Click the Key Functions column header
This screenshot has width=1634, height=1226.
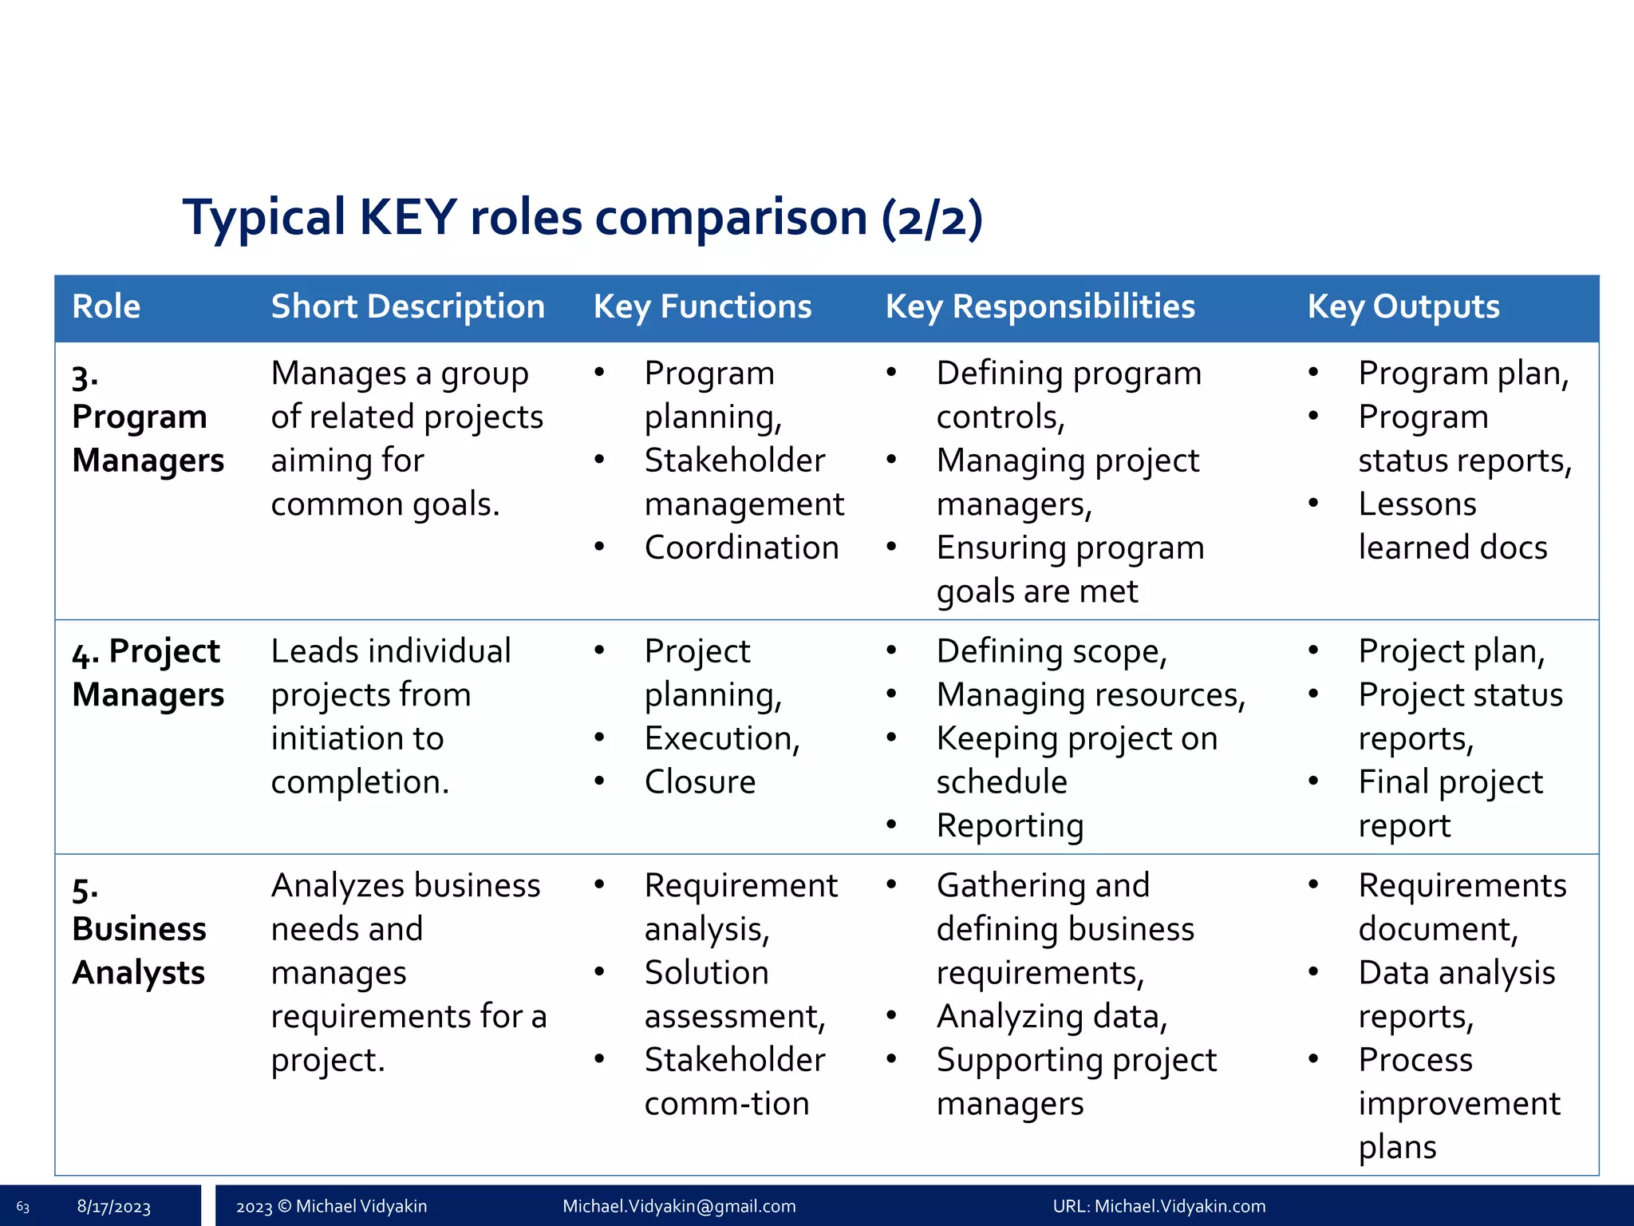click(702, 307)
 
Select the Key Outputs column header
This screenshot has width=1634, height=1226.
click(1403, 307)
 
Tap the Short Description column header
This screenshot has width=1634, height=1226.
click(408, 307)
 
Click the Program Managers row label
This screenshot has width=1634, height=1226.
click(148, 417)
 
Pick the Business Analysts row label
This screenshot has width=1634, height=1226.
click(139, 930)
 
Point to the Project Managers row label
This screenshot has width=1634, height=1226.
click(148, 673)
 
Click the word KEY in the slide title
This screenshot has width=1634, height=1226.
click(408, 217)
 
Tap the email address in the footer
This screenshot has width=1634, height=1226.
click(679, 1206)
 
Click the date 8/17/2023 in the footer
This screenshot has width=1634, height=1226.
click(113, 1207)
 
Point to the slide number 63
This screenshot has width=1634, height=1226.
click(22, 1207)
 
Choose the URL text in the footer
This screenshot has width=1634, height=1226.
click(1158, 1206)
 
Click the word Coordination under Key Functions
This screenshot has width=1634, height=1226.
click(741, 548)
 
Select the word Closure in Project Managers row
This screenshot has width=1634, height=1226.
click(700, 782)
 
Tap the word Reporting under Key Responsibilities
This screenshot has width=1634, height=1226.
click(1010, 826)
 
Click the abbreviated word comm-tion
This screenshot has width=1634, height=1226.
click(727, 1104)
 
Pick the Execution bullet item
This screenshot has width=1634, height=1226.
click(721, 739)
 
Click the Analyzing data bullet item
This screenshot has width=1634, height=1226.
click(1052, 1017)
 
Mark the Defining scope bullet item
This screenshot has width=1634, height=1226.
click(1052, 652)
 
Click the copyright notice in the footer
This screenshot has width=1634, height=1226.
click(331, 1206)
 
